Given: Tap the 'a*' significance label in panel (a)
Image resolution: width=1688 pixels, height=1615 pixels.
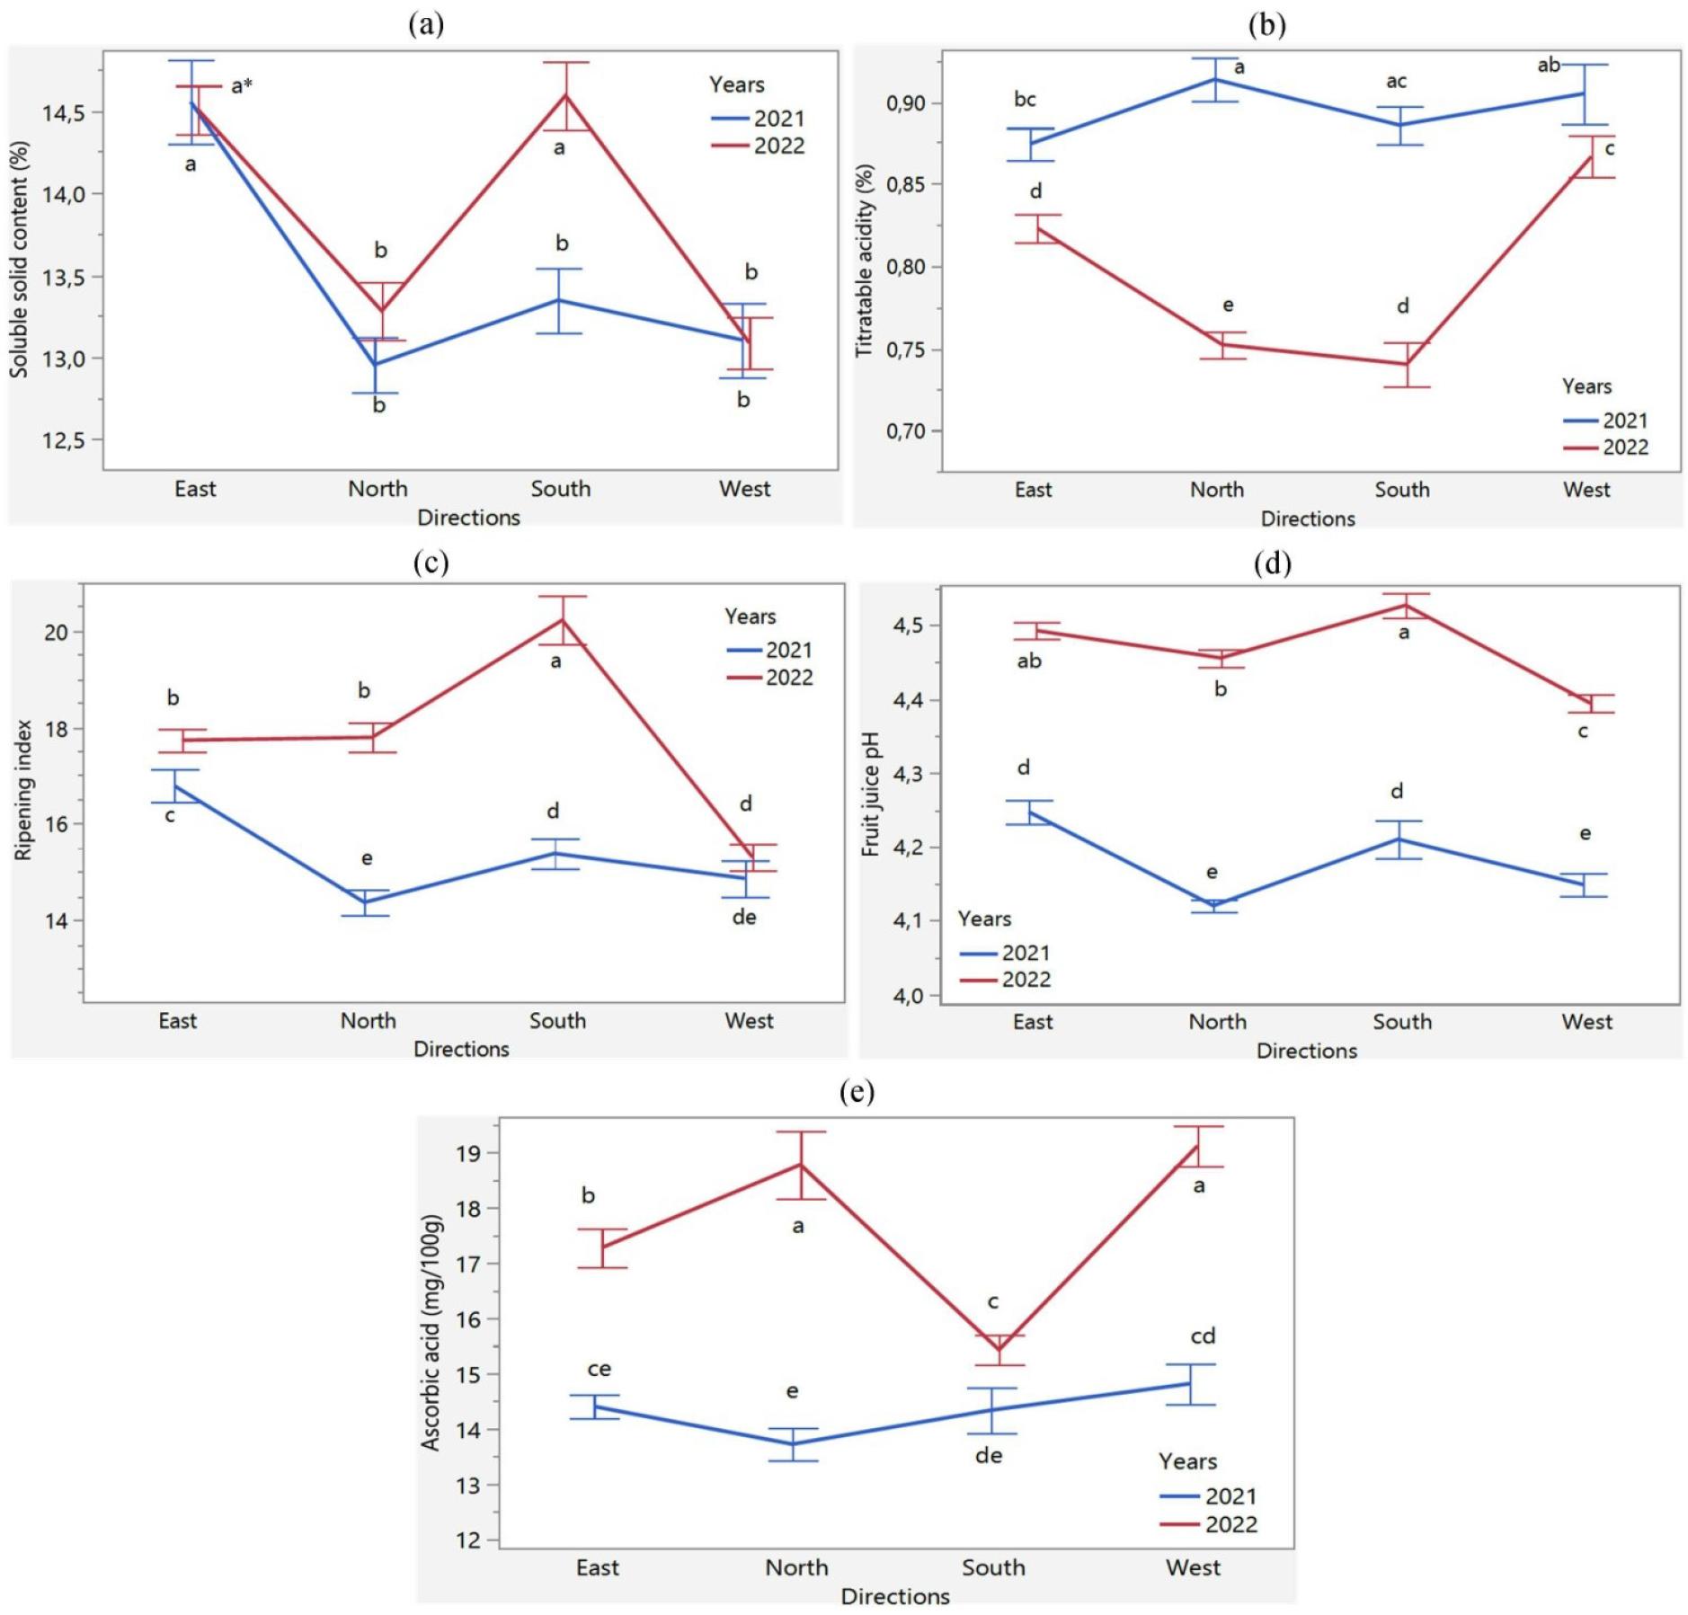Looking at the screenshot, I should [x=242, y=86].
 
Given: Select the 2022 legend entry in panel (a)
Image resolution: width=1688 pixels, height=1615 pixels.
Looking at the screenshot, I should [x=778, y=146].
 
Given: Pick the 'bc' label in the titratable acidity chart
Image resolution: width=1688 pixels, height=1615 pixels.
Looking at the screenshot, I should [x=1025, y=100].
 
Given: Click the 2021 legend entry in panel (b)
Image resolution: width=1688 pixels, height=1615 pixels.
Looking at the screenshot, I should [x=1624, y=421].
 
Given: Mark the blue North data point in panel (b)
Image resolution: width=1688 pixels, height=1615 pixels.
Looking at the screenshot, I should [x=1215, y=79].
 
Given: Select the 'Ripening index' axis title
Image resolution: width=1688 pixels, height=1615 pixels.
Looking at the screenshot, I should [x=23, y=790].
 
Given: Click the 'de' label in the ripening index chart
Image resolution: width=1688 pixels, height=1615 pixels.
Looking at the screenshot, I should [x=744, y=917].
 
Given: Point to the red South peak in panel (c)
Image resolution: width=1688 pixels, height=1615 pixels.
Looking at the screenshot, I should [x=563, y=620].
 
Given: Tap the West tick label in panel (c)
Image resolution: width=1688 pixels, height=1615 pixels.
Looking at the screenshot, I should [x=749, y=1021].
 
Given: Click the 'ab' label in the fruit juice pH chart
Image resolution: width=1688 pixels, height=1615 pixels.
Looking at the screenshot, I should [x=1029, y=661].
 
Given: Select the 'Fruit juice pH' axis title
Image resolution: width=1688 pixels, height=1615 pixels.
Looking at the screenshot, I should [x=871, y=794].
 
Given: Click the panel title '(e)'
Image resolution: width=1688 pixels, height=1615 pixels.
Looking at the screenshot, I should [x=856, y=1092].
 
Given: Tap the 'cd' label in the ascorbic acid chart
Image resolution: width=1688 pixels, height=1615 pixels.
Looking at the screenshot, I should [x=1203, y=1336].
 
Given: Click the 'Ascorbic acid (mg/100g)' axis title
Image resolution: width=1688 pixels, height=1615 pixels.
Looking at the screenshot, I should [x=431, y=1333].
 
